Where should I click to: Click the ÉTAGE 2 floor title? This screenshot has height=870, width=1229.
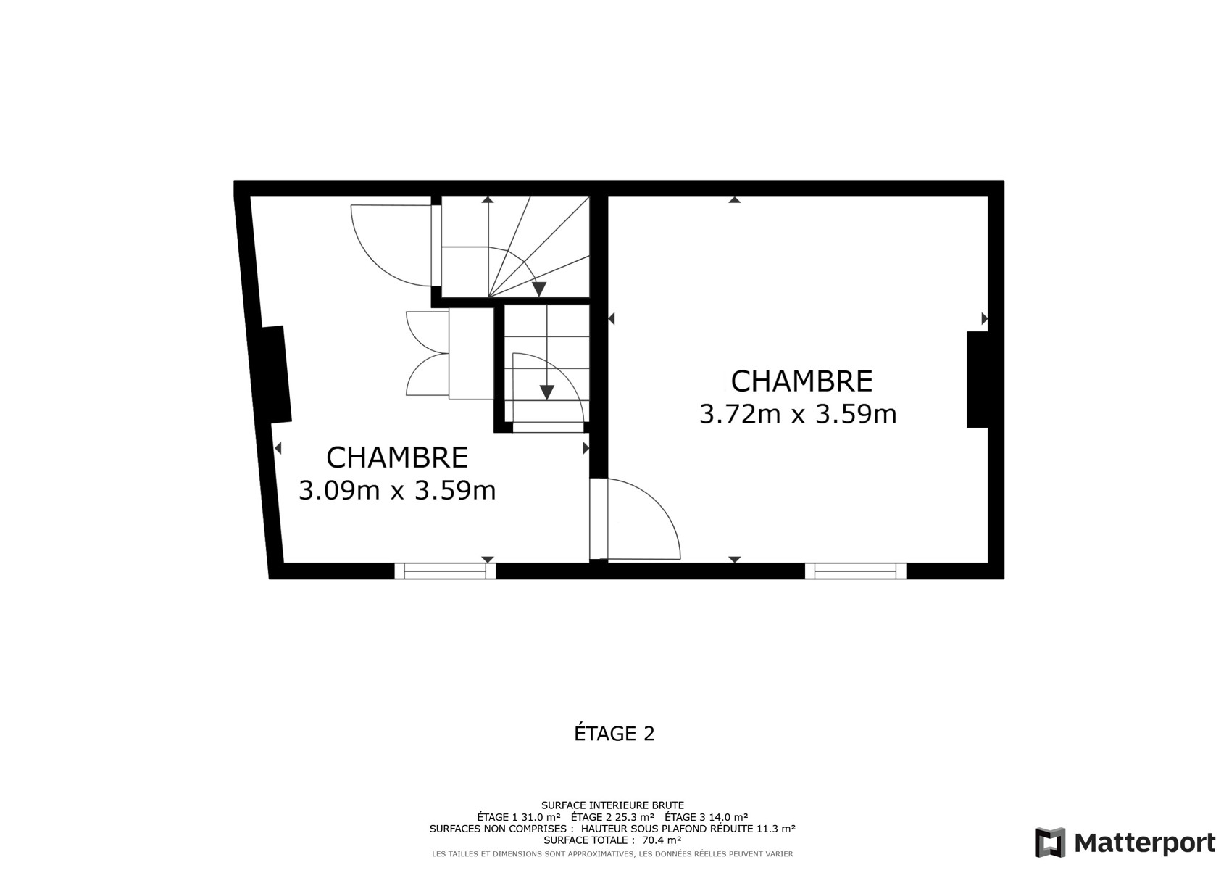point(614,734)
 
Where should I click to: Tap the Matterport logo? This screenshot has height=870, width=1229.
point(1125,843)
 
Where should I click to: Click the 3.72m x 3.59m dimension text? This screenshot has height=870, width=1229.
point(798,415)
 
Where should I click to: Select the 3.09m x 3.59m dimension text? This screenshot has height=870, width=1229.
point(396,491)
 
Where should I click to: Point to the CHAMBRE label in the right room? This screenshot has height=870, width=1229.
point(801,381)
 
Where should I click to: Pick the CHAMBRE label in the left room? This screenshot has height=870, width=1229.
point(397,457)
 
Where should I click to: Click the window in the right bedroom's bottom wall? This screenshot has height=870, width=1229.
point(855,571)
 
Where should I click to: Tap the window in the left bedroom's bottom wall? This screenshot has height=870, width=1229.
point(445,571)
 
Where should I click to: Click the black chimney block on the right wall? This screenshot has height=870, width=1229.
point(977,379)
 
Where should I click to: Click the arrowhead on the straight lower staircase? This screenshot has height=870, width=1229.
point(546,392)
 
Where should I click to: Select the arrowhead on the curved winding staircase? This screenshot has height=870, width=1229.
point(539,289)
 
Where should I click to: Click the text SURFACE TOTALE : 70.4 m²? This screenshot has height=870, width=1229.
point(612,840)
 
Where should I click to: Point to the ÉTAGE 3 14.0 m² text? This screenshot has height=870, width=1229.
point(706,817)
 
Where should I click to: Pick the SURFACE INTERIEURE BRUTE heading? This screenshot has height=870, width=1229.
point(612,805)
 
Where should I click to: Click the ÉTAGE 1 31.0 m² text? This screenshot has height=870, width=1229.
point(519,817)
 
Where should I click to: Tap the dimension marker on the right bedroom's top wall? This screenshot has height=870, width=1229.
point(735,200)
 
